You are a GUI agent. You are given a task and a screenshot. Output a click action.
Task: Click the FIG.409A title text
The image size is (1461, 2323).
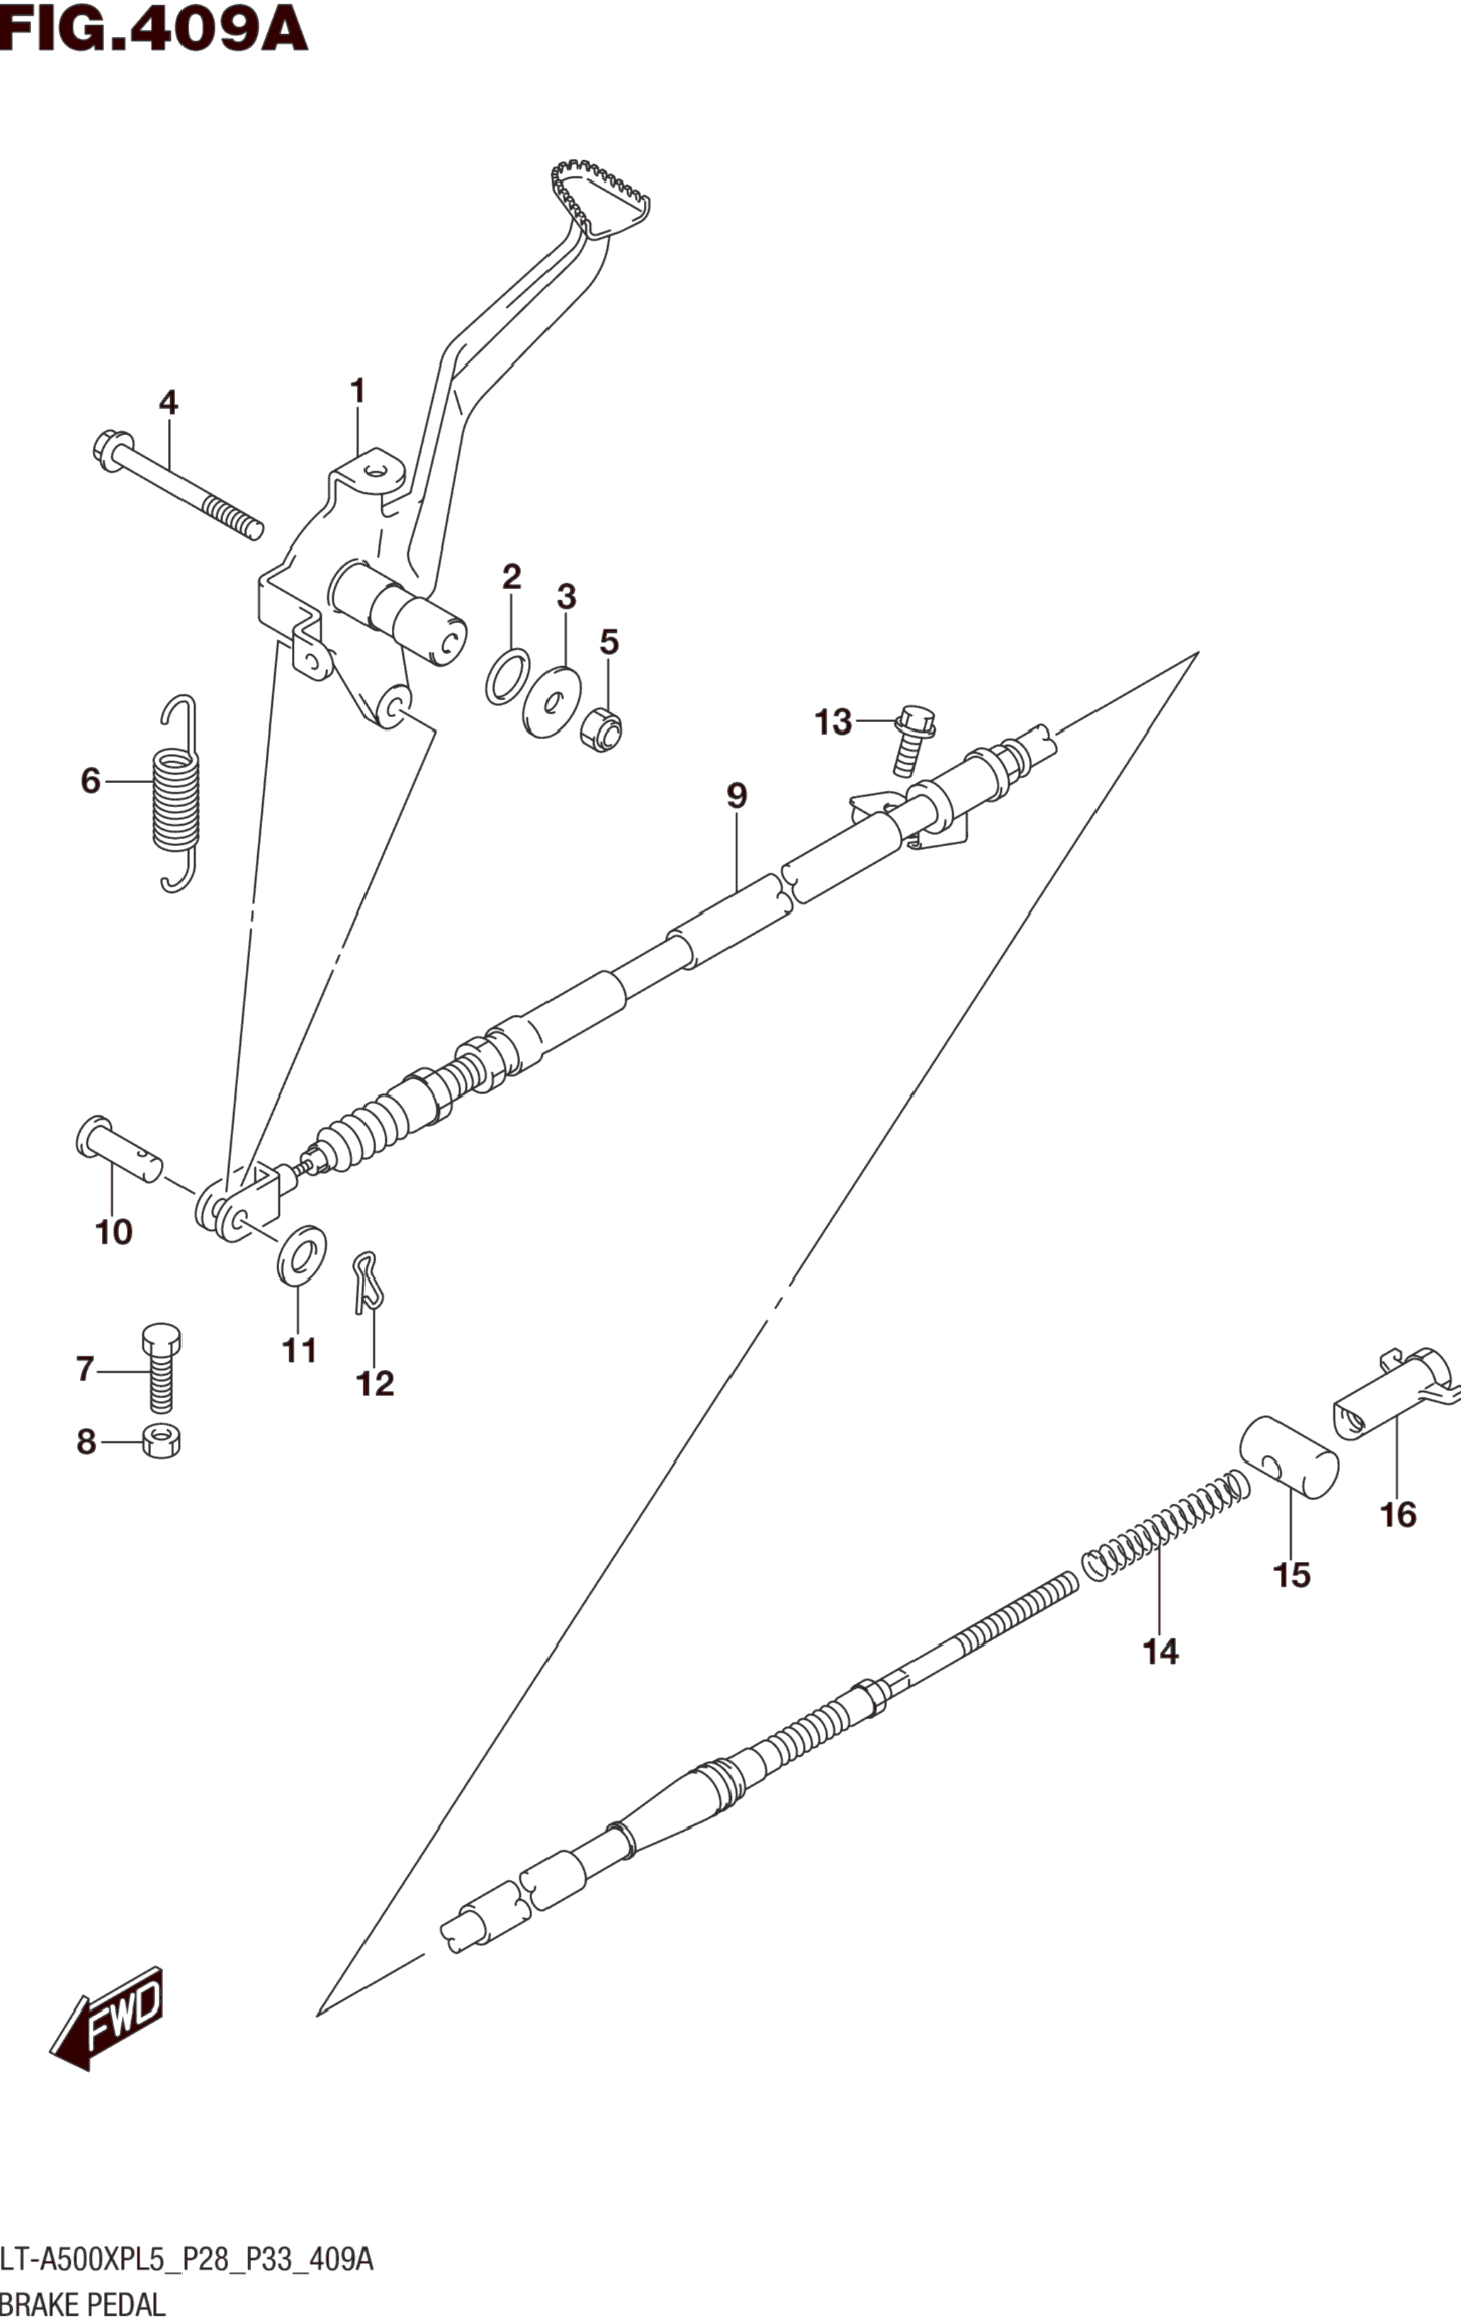(x=154, y=29)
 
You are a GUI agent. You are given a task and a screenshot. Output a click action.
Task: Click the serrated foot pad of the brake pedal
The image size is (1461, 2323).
(x=600, y=197)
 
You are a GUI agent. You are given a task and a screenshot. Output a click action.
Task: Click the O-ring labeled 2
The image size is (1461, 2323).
(x=507, y=676)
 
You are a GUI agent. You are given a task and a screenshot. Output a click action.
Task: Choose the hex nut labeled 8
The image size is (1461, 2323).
(x=161, y=1442)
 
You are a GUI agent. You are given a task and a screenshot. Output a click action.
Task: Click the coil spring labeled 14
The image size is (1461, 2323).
(x=1167, y=1524)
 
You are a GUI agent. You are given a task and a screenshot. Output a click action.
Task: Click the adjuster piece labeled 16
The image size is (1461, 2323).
(x=1394, y=1398)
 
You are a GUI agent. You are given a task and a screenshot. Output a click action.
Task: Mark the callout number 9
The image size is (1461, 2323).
(x=735, y=796)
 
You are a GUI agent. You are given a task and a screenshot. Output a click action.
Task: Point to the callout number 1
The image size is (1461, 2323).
(x=357, y=392)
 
